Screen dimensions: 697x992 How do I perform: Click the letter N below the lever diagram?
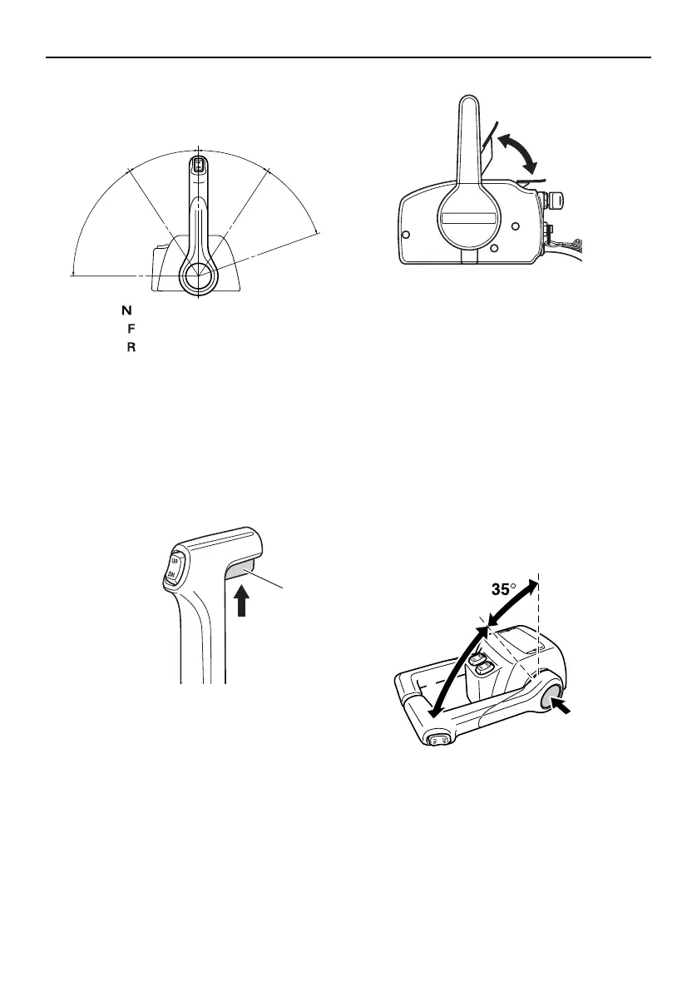pyautogui.click(x=127, y=310)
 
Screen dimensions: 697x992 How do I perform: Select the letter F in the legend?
pyautogui.click(x=130, y=328)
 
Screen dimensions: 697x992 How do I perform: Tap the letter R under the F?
pyautogui.click(x=130, y=345)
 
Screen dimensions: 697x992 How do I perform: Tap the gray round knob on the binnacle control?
pyautogui.click(x=551, y=702)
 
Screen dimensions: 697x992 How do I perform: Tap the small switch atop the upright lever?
pyautogui.click(x=198, y=165)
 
